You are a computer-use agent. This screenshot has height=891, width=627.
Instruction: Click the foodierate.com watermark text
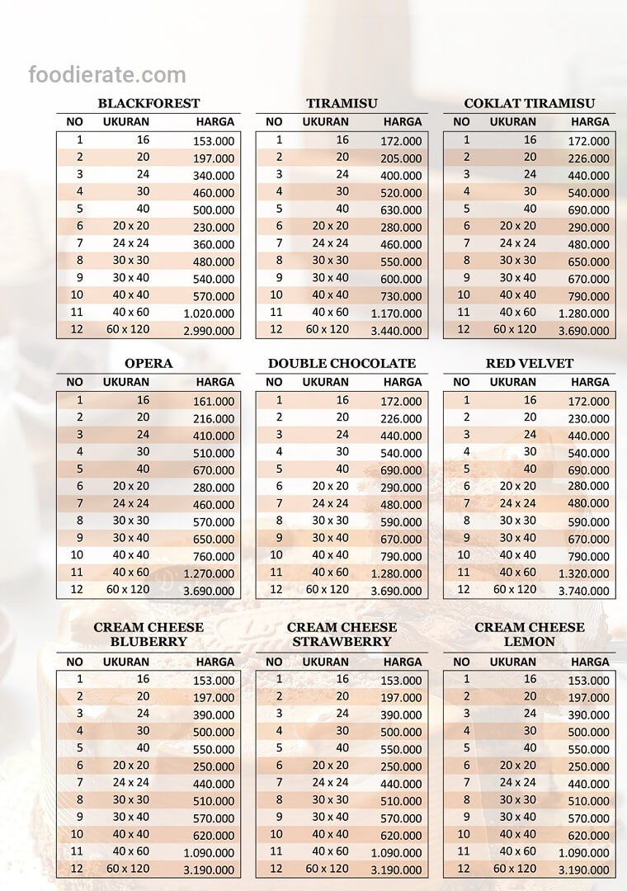(x=107, y=76)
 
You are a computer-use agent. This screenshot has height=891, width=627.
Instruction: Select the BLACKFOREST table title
(x=148, y=104)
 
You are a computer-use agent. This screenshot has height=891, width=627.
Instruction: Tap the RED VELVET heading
(x=530, y=364)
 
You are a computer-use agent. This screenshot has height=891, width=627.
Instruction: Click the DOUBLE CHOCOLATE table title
(x=342, y=364)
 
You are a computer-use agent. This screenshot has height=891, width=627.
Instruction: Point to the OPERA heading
(x=148, y=364)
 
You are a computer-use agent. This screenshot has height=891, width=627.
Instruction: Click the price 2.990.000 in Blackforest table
(x=209, y=331)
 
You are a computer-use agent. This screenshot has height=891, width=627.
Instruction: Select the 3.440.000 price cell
(x=396, y=331)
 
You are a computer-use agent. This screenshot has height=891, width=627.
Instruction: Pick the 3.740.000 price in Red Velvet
(x=583, y=591)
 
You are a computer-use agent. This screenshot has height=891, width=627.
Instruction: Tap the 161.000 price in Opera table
(x=214, y=402)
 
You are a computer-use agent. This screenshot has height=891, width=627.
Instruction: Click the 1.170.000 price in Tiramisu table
(x=396, y=313)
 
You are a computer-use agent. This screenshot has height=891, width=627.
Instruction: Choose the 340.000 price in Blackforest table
(x=214, y=176)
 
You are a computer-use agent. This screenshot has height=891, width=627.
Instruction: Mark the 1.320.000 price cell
(x=583, y=573)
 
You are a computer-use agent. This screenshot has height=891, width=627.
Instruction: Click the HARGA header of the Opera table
(x=215, y=382)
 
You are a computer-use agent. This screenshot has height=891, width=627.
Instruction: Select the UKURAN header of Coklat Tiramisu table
(x=513, y=121)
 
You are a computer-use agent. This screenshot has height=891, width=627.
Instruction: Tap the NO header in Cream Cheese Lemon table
(x=461, y=662)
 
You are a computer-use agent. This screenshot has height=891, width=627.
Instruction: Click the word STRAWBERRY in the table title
(x=342, y=642)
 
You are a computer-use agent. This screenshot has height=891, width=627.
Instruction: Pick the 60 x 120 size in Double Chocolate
(x=328, y=589)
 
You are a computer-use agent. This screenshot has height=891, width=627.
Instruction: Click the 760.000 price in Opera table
(x=214, y=556)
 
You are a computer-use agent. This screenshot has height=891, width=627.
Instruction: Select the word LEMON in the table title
(x=530, y=642)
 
